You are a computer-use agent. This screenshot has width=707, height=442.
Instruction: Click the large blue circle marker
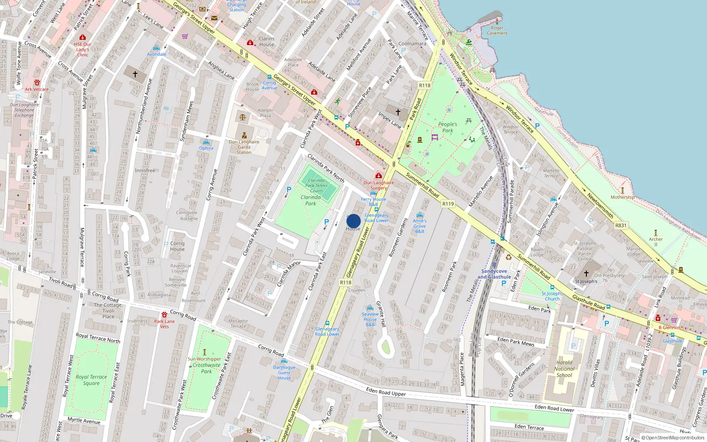pos(353,221)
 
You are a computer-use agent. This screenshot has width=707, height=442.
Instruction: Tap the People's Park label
pos(448,127)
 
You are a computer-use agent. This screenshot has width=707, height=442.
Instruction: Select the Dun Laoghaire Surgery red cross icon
pos(379,175)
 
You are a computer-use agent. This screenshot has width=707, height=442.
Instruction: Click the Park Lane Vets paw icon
pos(164,315)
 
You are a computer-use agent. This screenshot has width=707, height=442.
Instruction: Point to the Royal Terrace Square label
pos(91,380)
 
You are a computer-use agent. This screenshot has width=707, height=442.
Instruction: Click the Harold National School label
pos(564,369)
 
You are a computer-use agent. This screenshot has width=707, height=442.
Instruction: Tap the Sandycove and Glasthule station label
pos(494,274)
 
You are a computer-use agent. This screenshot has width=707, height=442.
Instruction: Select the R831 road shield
pos(621,225)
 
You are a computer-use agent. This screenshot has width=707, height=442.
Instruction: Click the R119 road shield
pos(448,204)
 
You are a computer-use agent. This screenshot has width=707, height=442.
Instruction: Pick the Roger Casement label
pos(497,30)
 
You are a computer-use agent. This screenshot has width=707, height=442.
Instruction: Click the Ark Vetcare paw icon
pos(37,83)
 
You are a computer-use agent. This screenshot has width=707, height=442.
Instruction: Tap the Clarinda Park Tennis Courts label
pos(316,186)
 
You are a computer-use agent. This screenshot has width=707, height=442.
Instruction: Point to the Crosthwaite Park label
pos(206,368)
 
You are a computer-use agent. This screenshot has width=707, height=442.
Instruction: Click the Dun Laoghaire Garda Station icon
pos(244,135)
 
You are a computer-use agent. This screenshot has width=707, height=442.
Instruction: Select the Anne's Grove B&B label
pos(420,226)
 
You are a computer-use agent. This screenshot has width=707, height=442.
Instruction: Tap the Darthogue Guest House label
pos(284,372)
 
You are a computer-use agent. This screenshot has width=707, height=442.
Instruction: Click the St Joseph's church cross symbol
pos(586,274)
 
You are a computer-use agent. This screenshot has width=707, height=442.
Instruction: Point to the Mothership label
pos(622,197)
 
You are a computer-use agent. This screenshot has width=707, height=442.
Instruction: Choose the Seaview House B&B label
pos(370,319)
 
